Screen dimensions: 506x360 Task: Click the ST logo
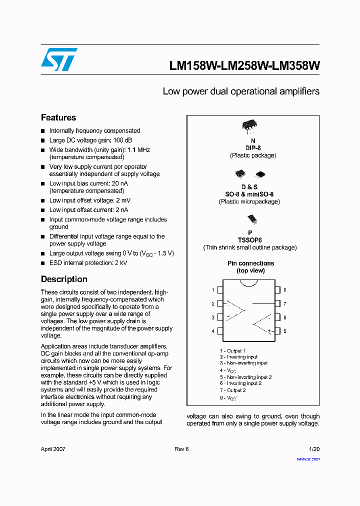(59, 59)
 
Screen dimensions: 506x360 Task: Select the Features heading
(58, 117)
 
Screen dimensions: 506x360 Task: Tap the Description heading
(64, 279)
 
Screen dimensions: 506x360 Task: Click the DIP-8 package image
(249, 126)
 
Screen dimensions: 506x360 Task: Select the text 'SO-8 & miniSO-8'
(249, 194)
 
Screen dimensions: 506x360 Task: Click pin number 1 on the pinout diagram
(213, 290)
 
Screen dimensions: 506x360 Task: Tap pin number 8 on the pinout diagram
(284, 290)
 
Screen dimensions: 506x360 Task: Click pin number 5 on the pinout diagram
(284, 331)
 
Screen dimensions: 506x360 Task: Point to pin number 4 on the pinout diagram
(213, 331)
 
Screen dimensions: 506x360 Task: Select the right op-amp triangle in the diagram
(263, 324)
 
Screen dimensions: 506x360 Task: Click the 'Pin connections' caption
(250, 263)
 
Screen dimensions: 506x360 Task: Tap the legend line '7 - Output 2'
(233, 390)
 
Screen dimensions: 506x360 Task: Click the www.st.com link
(308, 458)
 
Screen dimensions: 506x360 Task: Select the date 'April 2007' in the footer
(53, 449)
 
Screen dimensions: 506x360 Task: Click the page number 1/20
(314, 449)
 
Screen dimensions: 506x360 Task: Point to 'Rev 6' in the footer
(181, 449)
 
